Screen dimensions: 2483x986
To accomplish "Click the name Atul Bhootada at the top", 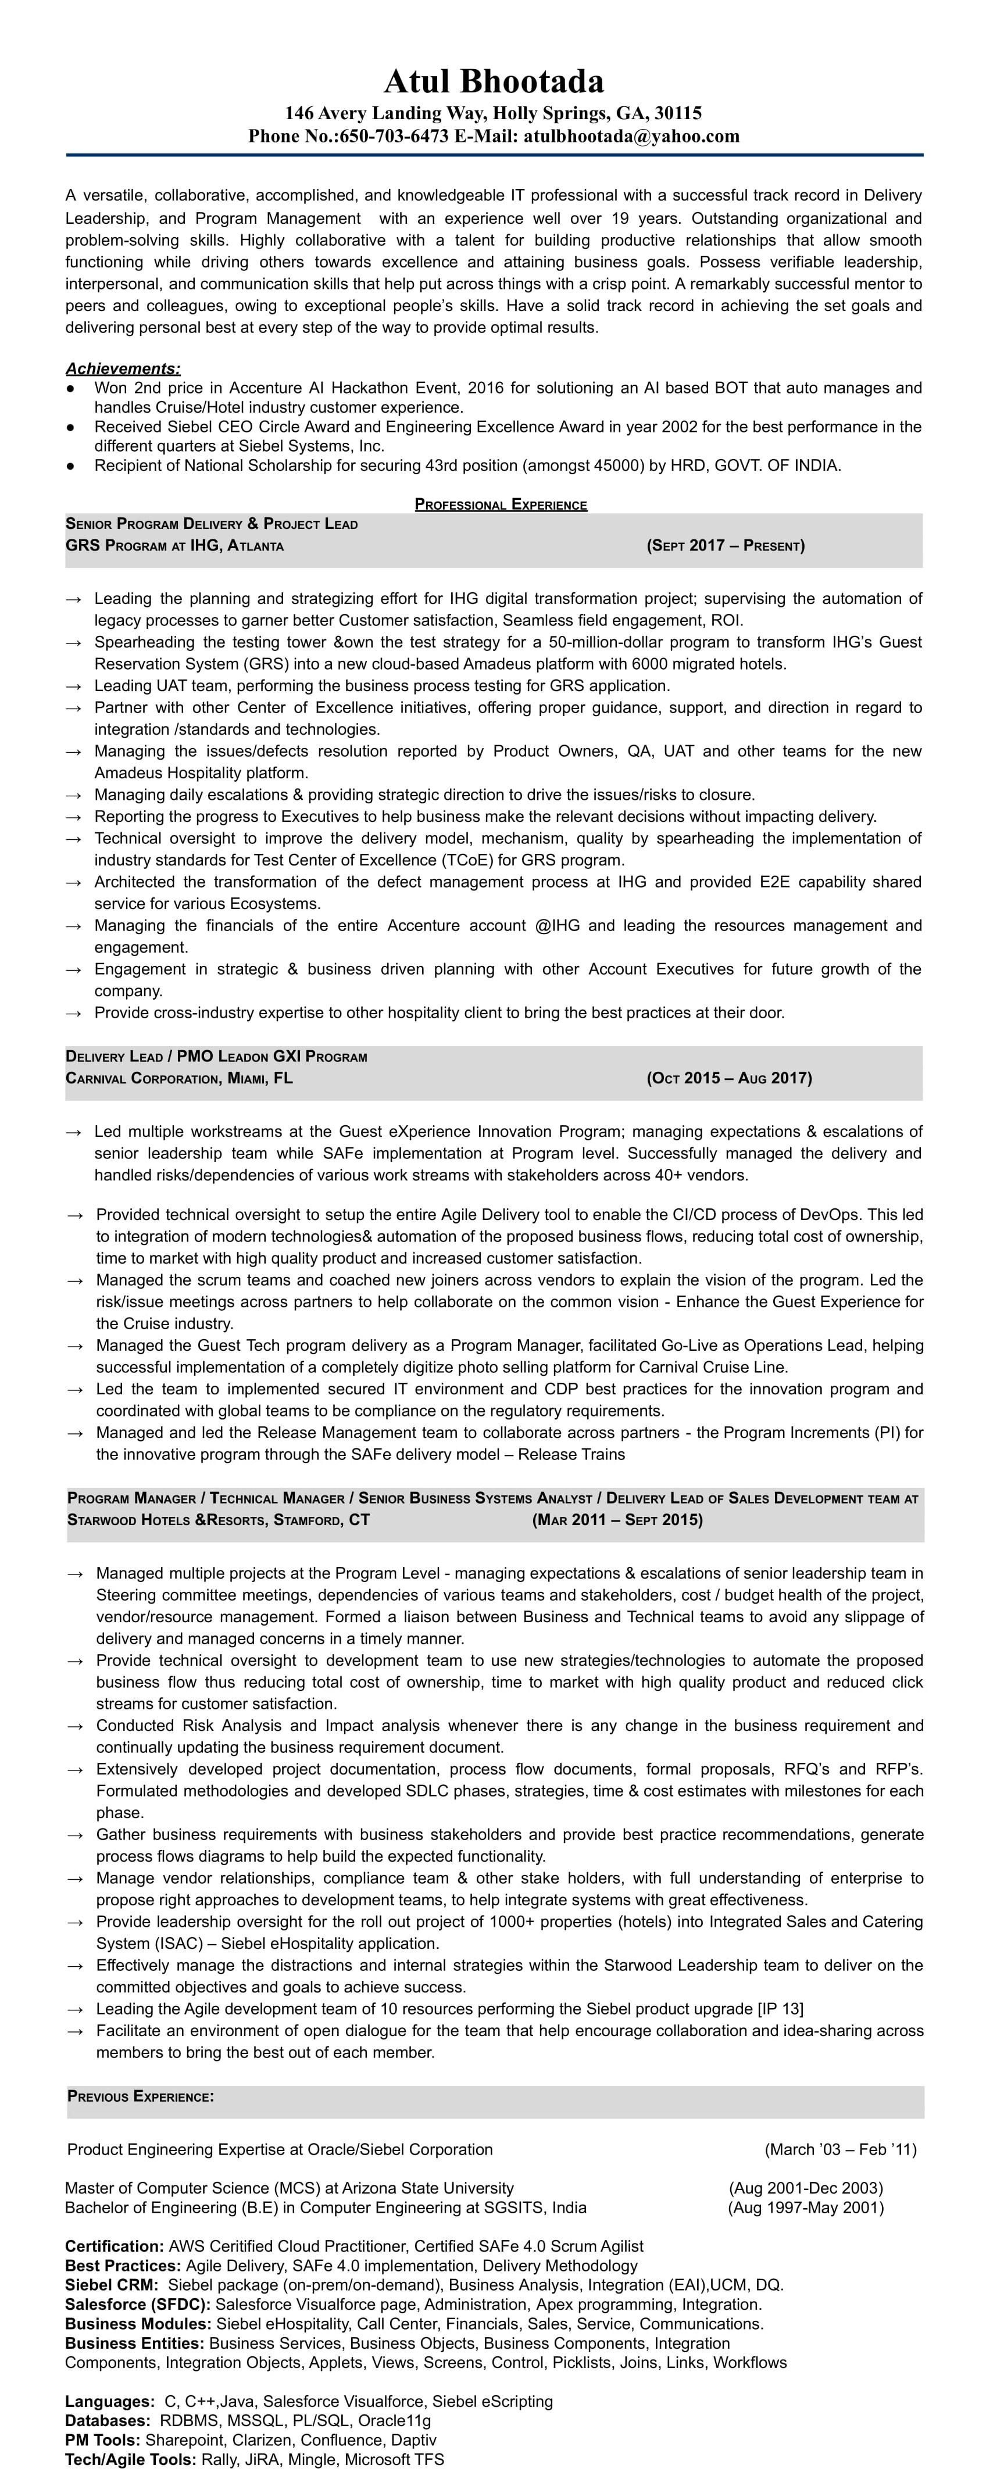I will (x=494, y=81).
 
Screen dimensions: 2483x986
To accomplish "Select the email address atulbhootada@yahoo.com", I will (x=631, y=136).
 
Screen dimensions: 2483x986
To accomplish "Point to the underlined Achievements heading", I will (x=123, y=368).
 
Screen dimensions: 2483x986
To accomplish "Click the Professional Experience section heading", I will (x=500, y=504).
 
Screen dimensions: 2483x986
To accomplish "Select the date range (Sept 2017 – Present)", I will (x=726, y=546).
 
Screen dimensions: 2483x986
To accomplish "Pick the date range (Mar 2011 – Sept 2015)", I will (x=617, y=1520).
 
